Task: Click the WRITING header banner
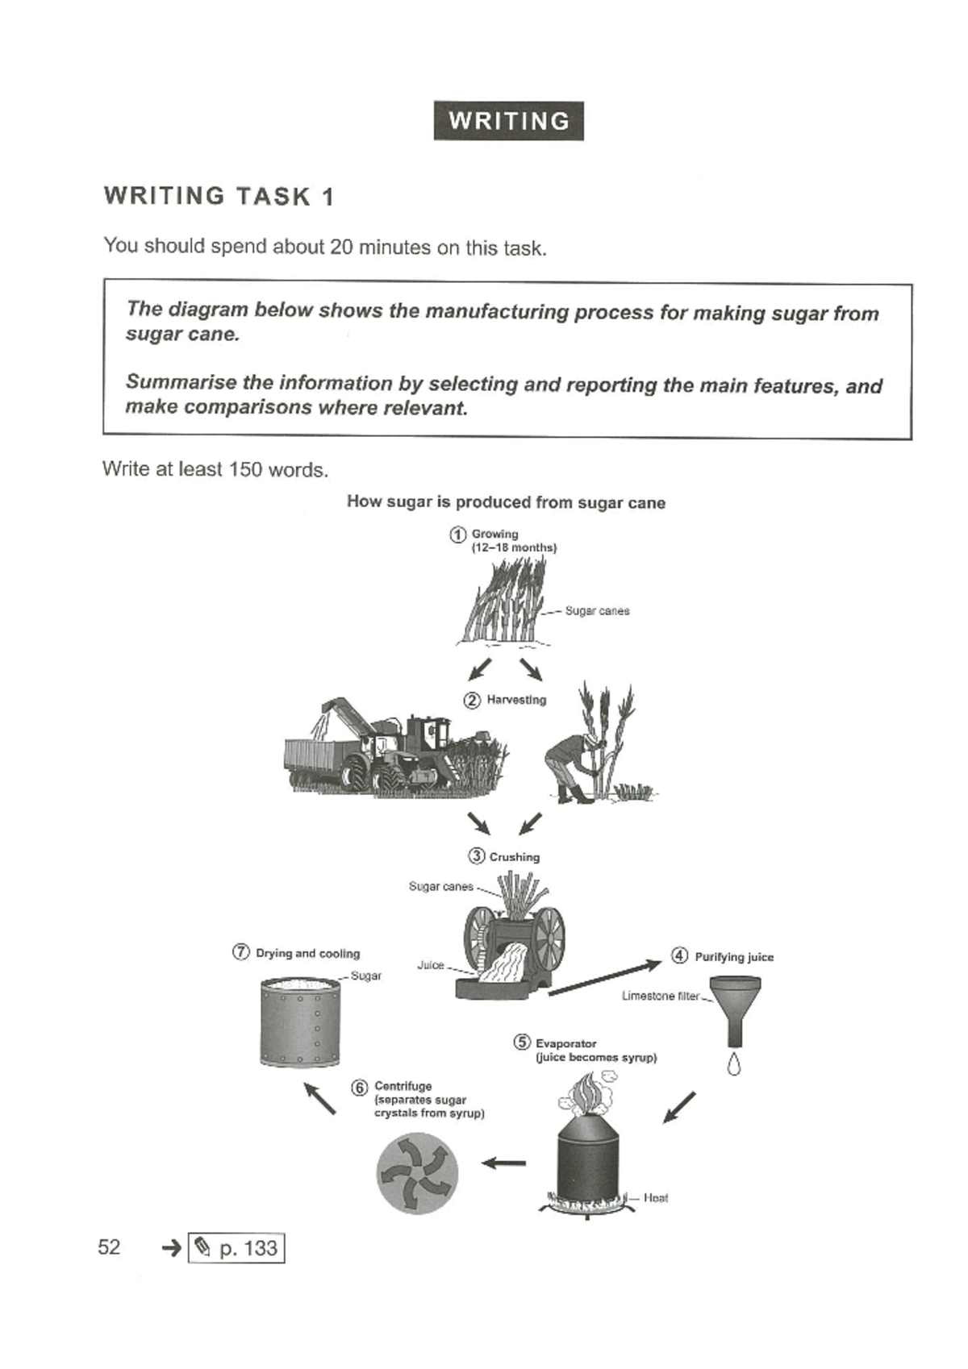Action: pos(508,121)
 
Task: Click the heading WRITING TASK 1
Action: pos(219,196)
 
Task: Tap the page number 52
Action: pos(109,1247)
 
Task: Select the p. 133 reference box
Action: pos(236,1248)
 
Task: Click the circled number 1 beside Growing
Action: pos(457,534)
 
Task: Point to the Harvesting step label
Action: pos(515,700)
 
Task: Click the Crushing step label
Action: pos(514,857)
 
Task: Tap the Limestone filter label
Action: pos(660,996)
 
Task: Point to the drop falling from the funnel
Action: pos(733,1065)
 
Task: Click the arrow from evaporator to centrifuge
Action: pos(504,1163)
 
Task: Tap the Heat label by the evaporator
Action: pos(655,1198)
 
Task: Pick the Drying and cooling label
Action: pos(307,953)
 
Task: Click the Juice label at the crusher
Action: pos(431,965)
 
